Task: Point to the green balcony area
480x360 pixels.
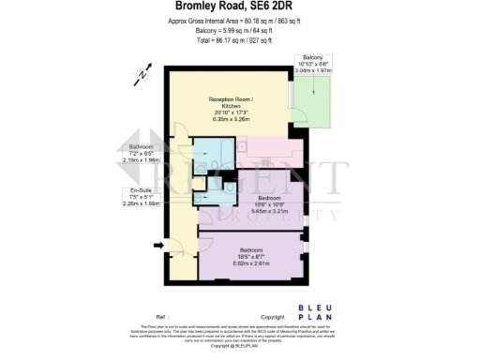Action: coord(315,103)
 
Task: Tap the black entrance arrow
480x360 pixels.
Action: coord(157,247)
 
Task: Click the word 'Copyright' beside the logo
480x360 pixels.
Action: coord(272,318)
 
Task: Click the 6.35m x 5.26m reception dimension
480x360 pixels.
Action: coord(231,119)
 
